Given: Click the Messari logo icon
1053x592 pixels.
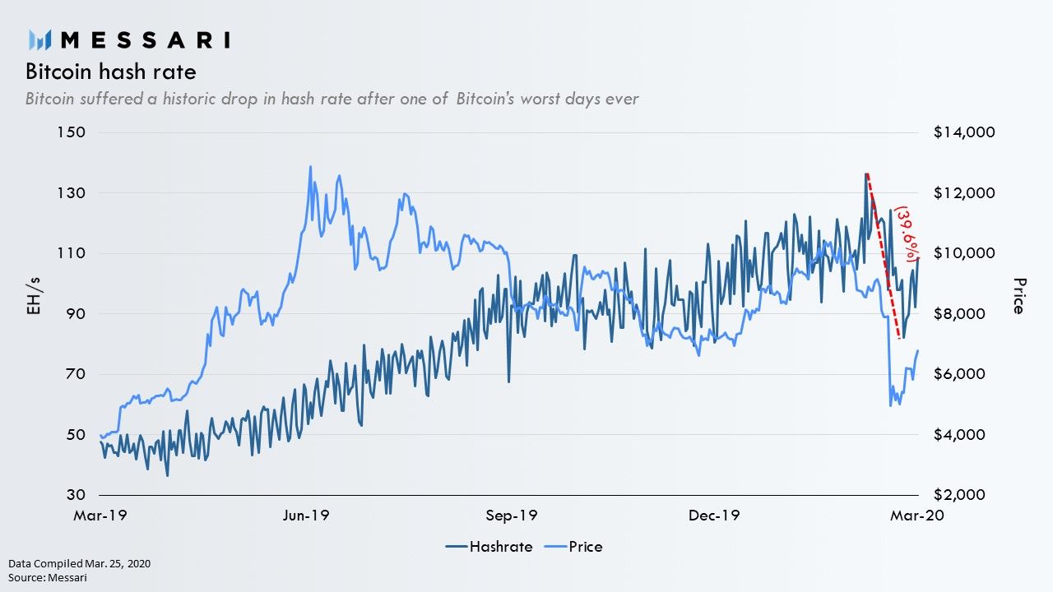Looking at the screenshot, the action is click(39, 39).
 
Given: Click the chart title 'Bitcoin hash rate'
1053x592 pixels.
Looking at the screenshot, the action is click(111, 72).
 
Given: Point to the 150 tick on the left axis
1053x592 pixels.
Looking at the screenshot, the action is click(72, 132).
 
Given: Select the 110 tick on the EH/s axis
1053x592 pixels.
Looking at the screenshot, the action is click(72, 253).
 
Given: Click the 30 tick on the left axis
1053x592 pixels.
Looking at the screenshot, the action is click(77, 495).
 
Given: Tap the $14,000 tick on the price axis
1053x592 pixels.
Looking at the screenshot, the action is click(964, 132).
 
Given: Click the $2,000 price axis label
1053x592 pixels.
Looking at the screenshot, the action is click(959, 495).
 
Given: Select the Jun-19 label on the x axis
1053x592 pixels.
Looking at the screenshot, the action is click(306, 516).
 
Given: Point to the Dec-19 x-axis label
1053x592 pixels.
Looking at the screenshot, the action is click(714, 516).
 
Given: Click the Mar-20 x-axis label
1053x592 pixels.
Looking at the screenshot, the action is click(917, 516).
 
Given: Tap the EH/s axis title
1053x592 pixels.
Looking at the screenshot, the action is click(34, 296).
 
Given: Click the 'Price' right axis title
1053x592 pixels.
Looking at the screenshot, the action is click(1018, 296).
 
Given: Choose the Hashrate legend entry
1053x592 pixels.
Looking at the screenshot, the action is click(489, 547).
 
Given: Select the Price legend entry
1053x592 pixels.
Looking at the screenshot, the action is click(573, 547).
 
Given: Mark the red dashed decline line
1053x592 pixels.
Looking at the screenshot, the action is click(883, 256).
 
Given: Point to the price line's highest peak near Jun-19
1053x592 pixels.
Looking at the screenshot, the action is click(310, 166).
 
